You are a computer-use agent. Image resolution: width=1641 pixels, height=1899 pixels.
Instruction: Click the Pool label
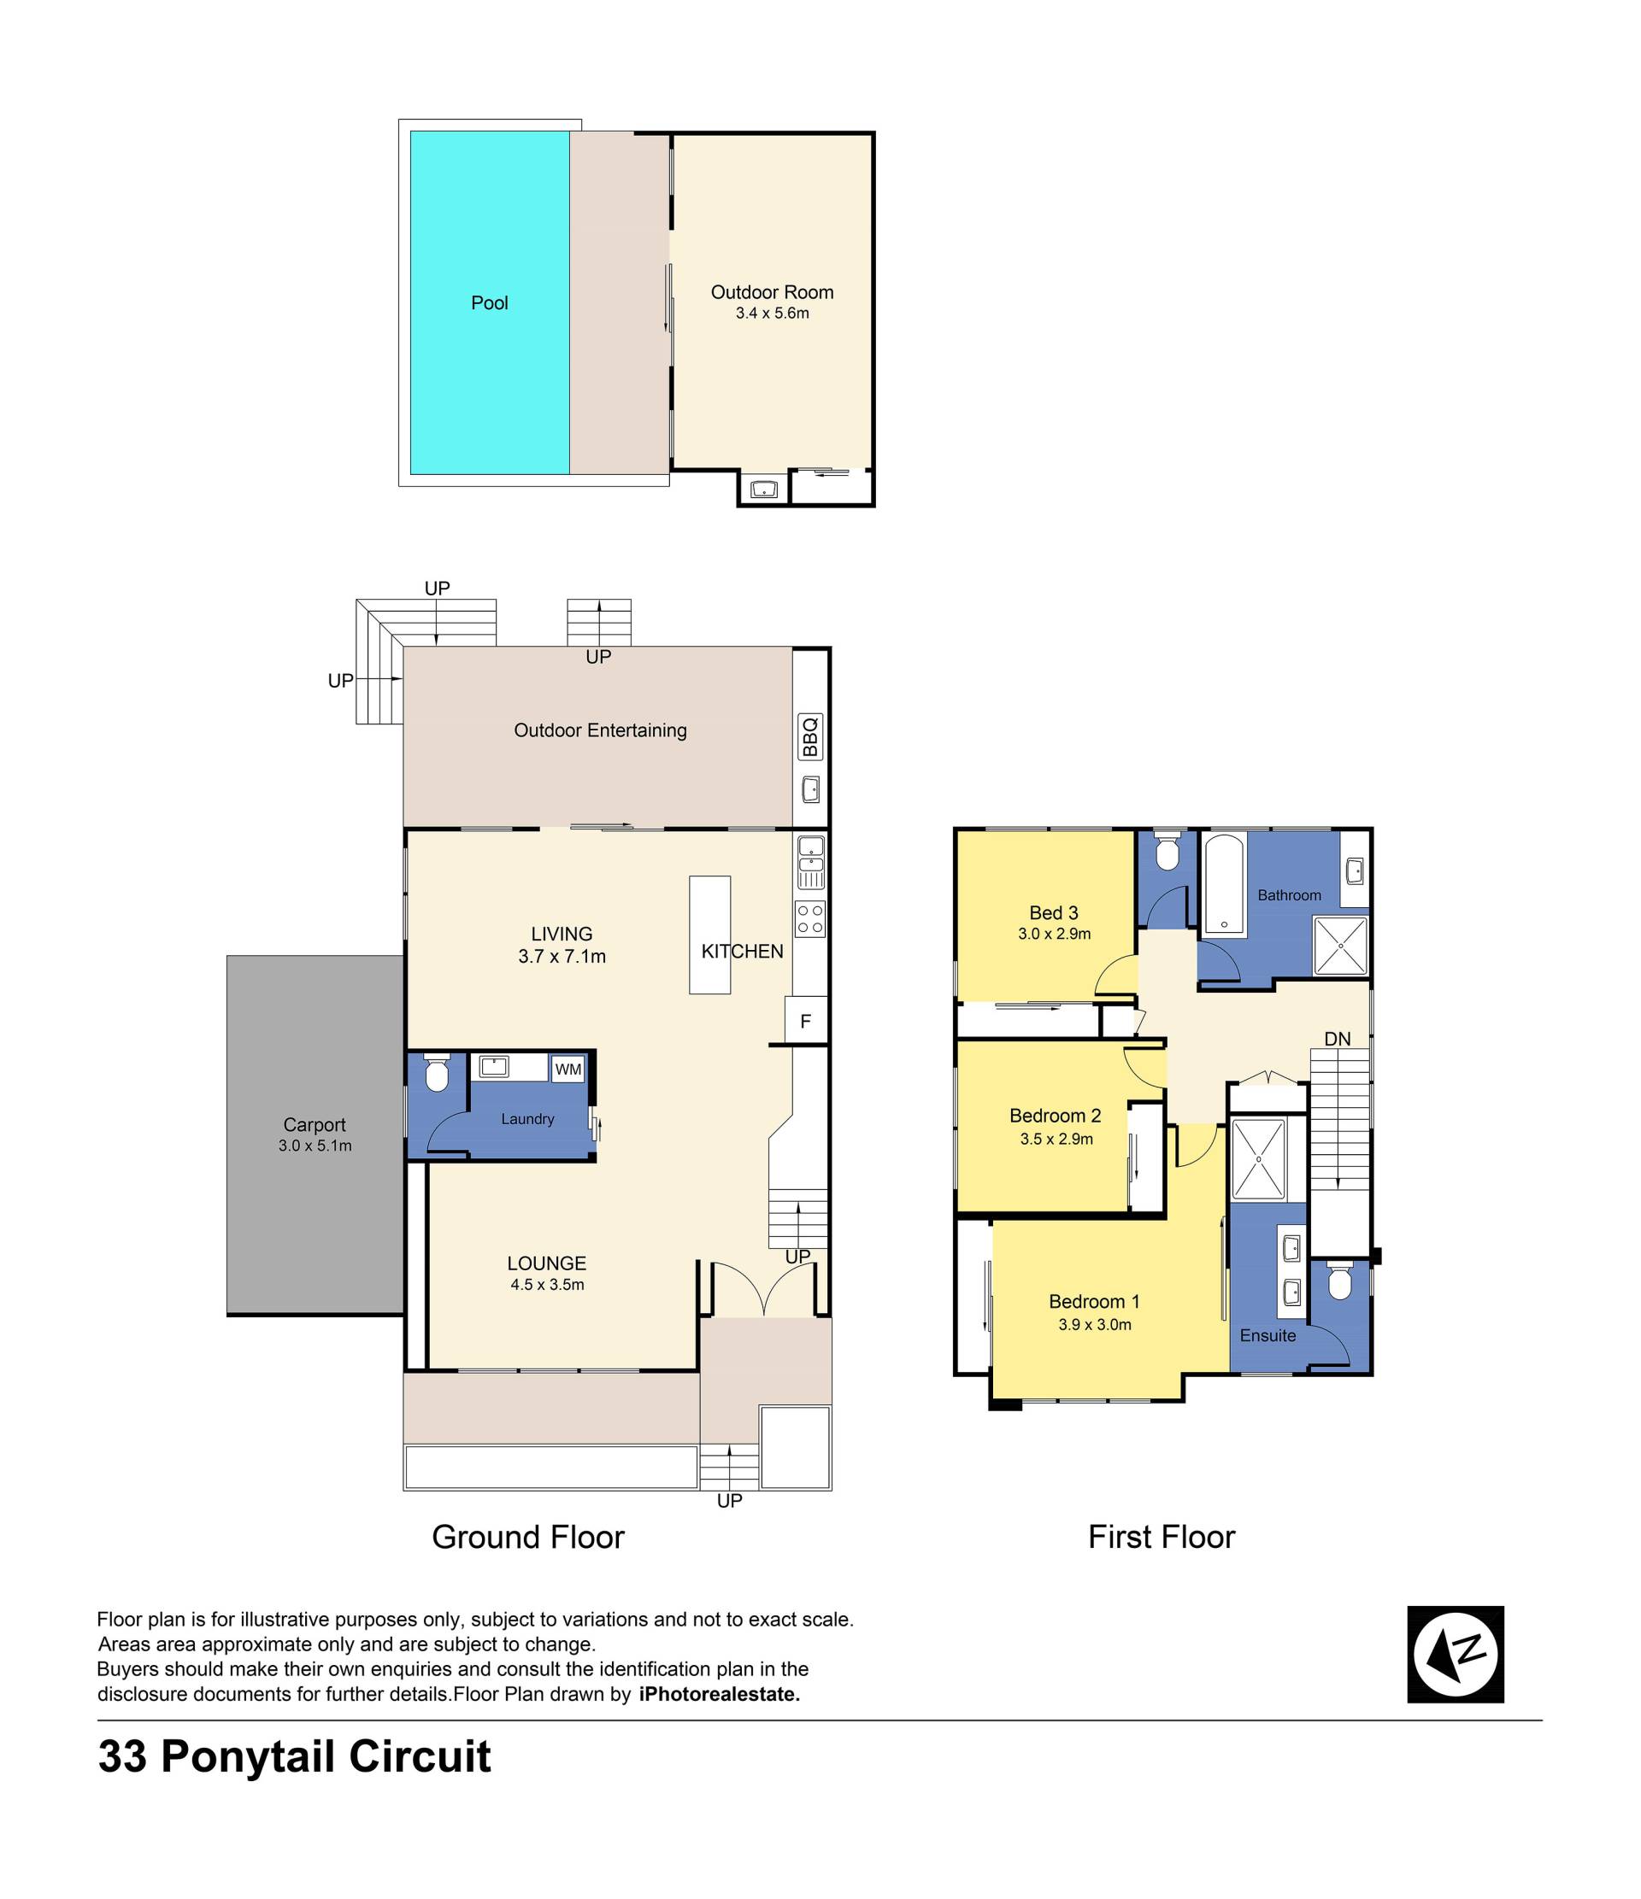point(490,303)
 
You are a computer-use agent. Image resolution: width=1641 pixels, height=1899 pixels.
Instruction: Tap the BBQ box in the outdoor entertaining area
point(810,737)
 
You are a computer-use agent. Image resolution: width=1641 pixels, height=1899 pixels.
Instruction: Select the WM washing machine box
point(568,1069)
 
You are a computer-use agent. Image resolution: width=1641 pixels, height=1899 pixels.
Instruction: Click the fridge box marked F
point(806,1021)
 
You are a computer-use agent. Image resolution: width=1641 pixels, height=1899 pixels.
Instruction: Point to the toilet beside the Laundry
point(437,1072)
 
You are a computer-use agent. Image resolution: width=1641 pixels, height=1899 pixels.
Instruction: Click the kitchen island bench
point(710,935)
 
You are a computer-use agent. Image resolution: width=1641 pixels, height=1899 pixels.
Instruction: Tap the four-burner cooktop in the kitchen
point(810,919)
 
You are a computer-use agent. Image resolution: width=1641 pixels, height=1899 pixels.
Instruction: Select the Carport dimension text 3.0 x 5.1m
point(315,1146)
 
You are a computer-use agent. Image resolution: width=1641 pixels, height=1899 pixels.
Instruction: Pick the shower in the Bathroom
point(1341,946)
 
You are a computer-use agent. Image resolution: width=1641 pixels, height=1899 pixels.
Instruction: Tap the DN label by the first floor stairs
point(1338,1039)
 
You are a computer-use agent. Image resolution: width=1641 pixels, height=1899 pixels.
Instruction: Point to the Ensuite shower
point(1259,1159)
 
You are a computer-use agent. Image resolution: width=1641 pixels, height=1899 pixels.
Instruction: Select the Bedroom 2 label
point(1056,1116)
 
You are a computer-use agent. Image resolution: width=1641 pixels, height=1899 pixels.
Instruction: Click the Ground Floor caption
point(528,1537)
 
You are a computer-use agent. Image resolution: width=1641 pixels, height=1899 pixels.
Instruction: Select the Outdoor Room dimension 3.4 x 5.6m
point(772,314)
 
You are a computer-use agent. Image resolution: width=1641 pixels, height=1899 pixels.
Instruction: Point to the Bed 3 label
point(1055,913)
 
